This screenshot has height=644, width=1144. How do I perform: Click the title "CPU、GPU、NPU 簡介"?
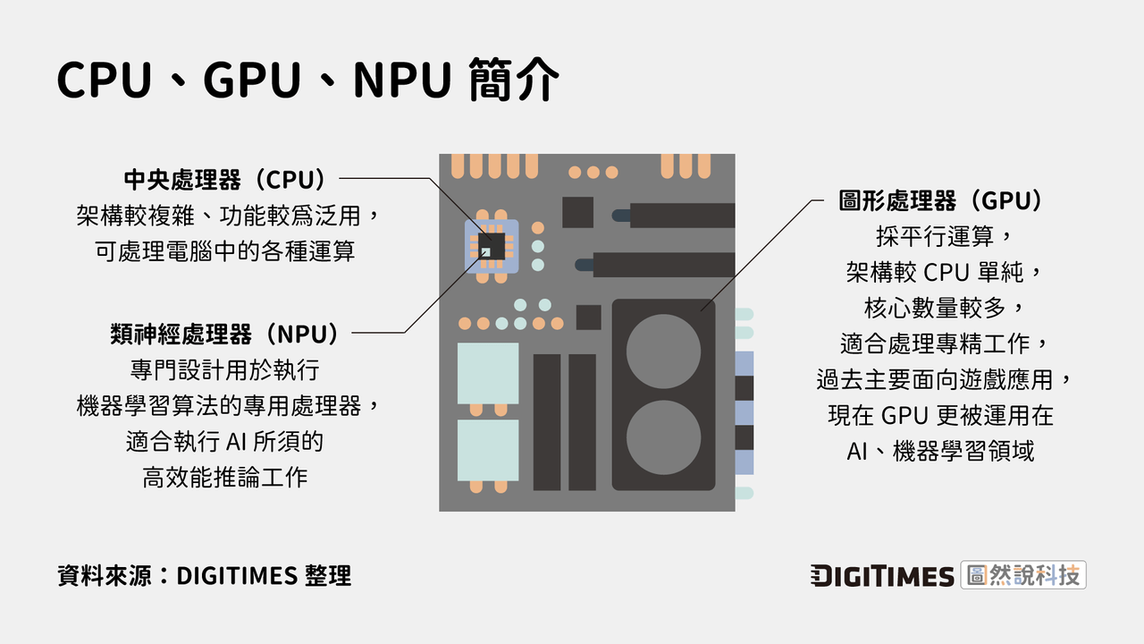point(308,81)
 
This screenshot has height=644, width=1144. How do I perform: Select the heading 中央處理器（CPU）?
point(223,180)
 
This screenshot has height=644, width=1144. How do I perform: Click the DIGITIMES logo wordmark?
point(882,576)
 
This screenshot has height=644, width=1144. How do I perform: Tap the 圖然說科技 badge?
point(1023,575)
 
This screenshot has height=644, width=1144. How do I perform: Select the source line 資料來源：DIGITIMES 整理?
point(204,576)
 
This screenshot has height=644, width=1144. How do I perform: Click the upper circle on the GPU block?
point(663,351)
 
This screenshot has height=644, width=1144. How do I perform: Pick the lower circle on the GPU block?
point(663,437)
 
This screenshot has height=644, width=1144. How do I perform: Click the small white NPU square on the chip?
point(485,252)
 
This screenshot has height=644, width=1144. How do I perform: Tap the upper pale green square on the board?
point(487,373)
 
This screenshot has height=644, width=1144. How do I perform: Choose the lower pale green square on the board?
point(487,450)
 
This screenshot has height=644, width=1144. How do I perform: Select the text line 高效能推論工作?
point(225,478)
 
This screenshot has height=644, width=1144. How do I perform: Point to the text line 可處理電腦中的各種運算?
point(225,251)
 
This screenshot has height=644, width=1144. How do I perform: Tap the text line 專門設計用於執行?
point(225,369)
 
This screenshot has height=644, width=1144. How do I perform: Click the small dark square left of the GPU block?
point(588,317)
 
